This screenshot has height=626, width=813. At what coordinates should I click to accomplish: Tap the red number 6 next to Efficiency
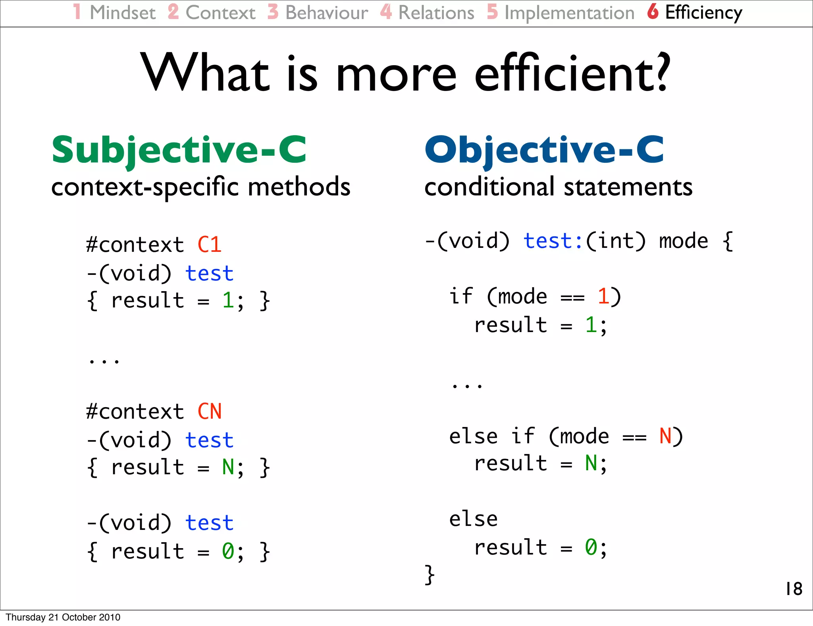653,12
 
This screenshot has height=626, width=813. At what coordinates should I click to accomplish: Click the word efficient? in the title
572,73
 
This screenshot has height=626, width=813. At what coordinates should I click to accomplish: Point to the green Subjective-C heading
179,150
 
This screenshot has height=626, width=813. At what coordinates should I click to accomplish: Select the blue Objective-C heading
544,150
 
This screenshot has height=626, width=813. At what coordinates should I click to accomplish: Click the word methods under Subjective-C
299,187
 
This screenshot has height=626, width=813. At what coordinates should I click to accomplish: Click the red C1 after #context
209,245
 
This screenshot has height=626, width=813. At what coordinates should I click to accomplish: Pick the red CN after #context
209,412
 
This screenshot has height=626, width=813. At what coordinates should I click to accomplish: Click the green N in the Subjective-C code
228,467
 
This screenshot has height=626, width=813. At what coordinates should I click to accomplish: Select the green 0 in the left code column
228,551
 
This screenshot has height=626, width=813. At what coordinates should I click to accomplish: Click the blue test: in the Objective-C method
553,241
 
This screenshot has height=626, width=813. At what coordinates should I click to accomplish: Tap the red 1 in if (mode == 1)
603,296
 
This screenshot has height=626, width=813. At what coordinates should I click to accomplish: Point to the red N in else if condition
665,436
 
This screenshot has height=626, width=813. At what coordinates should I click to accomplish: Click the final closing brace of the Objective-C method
430,575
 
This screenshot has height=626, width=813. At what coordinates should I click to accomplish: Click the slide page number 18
794,589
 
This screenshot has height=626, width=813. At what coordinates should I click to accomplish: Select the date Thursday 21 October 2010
63,617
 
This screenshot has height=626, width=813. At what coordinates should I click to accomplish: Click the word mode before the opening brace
683,241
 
